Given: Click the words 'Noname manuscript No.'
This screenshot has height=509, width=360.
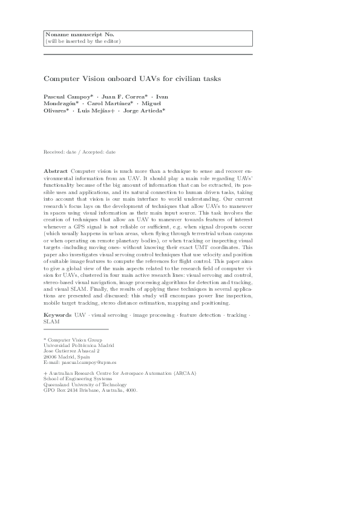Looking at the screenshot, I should tap(71, 35).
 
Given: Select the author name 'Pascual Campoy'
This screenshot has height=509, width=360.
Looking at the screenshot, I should tap(66, 97).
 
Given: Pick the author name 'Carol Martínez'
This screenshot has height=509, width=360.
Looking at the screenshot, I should tap(113, 104).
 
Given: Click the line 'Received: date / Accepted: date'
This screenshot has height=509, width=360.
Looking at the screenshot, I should tap(80, 152).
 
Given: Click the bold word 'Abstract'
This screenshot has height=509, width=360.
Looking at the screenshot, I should tap(56, 172).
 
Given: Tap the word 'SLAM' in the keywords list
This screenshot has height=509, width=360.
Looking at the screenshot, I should tap(51, 322).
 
